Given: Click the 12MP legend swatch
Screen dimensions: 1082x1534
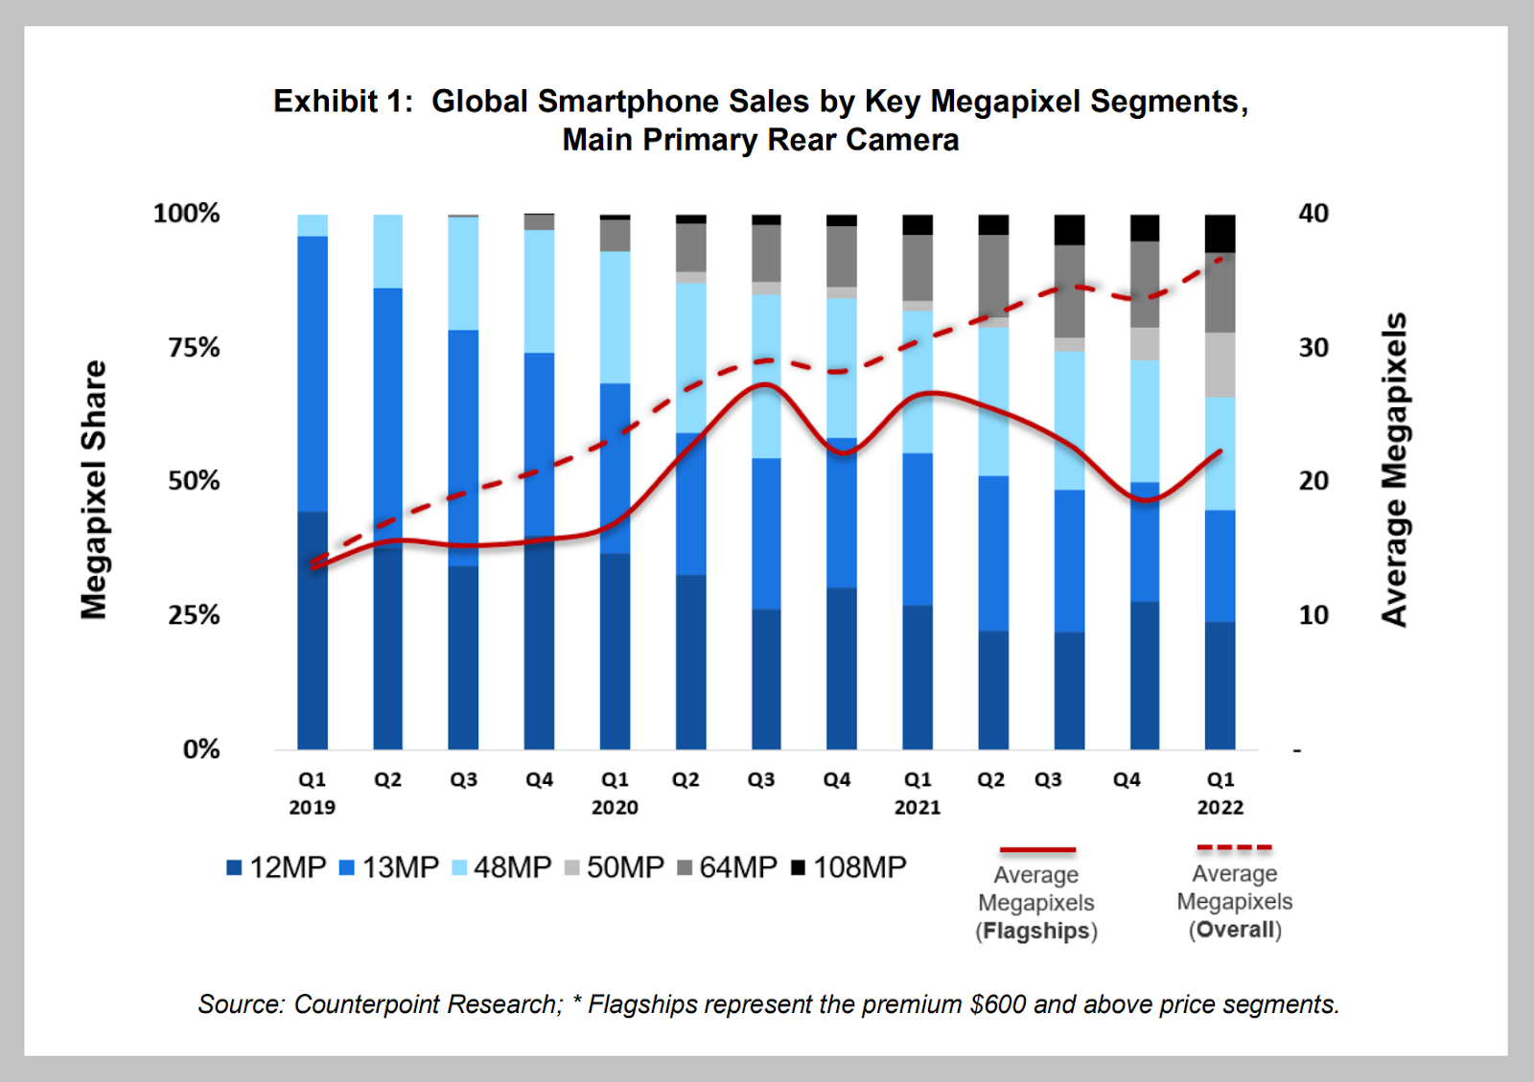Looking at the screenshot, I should click(x=234, y=868).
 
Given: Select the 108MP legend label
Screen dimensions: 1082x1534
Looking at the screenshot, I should click(x=859, y=867).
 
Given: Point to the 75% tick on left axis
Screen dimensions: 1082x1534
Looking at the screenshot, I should click(x=194, y=347).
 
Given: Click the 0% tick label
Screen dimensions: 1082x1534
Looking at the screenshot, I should click(x=201, y=748).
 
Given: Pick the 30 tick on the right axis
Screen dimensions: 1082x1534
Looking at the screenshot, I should click(x=1313, y=347).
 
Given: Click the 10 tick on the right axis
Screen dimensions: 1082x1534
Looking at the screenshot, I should click(x=1313, y=614).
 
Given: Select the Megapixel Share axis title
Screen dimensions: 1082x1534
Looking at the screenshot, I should click(x=94, y=490).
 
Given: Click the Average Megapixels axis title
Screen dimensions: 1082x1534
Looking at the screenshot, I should click(x=1394, y=470).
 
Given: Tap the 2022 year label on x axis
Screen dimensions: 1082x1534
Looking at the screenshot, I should click(x=1220, y=808).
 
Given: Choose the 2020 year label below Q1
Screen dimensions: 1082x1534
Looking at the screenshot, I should click(x=615, y=808).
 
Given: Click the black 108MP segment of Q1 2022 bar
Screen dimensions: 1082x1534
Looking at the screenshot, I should click(x=1220, y=233).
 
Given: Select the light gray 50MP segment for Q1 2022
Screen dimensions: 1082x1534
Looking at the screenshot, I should click(x=1220, y=365).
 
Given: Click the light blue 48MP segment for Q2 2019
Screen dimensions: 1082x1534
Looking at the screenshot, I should click(x=388, y=251).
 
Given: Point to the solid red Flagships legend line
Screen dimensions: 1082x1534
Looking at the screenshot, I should click(x=1037, y=850).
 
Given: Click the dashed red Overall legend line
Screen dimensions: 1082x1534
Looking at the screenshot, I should click(x=1234, y=848).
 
